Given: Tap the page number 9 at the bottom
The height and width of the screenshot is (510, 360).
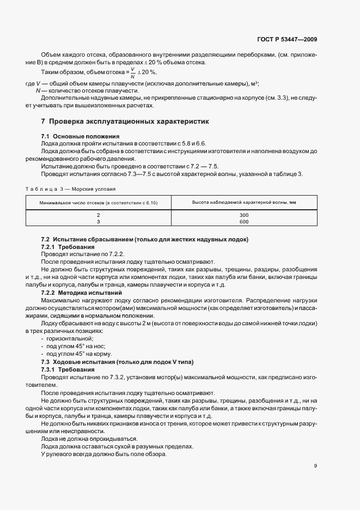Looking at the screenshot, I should [x=316, y=465].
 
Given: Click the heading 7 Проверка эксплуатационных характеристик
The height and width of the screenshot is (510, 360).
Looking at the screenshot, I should [x=125, y=121].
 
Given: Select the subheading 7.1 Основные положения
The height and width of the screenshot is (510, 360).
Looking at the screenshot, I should [x=81, y=136].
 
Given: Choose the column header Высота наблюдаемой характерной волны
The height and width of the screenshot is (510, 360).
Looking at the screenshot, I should [x=243, y=202].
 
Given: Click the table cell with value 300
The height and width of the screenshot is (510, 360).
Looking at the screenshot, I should [x=243, y=215].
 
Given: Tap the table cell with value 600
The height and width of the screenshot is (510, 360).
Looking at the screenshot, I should [x=243, y=222].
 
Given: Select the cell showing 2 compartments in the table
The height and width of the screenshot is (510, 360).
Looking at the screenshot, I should [x=98, y=215].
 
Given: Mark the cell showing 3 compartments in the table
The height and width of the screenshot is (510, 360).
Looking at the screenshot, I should [x=98, y=222].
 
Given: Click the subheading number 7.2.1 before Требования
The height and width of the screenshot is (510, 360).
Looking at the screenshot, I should [x=50, y=247].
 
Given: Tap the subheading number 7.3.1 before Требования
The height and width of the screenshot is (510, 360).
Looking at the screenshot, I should [x=50, y=369].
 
